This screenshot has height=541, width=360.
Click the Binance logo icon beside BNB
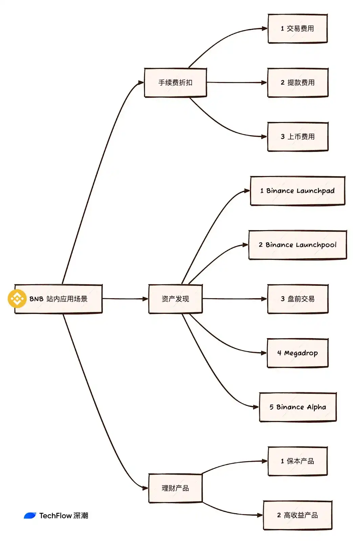coord(17,299)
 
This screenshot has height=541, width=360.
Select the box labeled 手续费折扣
coord(175,83)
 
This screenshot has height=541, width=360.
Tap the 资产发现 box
coord(175,299)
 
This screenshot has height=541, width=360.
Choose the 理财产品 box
coord(175,488)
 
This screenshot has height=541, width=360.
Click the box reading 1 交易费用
coord(297,29)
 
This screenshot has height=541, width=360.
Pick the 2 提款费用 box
coord(298,83)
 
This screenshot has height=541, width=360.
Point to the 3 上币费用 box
coord(298,137)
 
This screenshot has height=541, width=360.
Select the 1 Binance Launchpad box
coord(297,191)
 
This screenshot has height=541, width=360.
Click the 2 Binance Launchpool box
coord(297,245)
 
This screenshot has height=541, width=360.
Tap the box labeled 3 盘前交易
coord(298,299)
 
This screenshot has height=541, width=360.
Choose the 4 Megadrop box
coord(297,353)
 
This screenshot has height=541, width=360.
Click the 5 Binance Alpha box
coord(298,407)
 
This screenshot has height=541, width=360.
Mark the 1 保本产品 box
coord(297,461)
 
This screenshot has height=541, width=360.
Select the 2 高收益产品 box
coord(297,515)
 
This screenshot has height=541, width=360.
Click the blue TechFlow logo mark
coord(30,516)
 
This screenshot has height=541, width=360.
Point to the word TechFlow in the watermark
coord(55,516)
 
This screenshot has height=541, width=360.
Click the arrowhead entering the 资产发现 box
coord(145,299)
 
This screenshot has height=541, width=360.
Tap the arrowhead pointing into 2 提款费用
coord(264,83)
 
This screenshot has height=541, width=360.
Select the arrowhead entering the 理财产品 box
coord(145,488)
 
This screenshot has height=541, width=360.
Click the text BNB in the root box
coord(36,299)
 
